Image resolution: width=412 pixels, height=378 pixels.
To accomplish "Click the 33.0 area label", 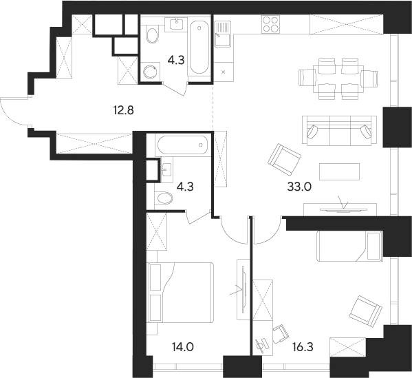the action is (x=299, y=187).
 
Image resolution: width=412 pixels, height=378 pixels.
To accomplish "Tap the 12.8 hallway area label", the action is (x=124, y=110).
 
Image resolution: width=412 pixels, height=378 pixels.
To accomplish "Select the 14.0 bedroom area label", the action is (x=183, y=347).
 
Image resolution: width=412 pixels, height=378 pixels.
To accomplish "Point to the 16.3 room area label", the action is (x=303, y=347).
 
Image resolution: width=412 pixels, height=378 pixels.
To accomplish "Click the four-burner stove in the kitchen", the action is (x=270, y=25).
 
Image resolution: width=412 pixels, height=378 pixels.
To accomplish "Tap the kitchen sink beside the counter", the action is (x=222, y=34).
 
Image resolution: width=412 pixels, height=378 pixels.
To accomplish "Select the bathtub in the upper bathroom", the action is (x=199, y=47).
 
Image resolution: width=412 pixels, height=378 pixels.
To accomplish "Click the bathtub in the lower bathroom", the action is (x=183, y=145).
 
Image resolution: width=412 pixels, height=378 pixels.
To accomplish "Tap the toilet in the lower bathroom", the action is (x=164, y=198).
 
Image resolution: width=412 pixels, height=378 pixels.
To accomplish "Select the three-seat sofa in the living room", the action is (x=340, y=130).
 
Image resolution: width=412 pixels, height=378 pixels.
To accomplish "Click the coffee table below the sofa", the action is (x=339, y=171).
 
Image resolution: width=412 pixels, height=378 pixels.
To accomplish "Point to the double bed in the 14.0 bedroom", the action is (x=182, y=292).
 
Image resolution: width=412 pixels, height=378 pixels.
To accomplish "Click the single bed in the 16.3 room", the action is (x=349, y=246).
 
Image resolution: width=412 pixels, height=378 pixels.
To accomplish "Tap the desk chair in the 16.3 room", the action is (x=281, y=333).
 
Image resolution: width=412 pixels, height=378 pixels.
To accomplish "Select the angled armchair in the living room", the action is (x=284, y=160).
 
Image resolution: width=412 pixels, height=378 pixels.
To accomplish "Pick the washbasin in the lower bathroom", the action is (x=167, y=169).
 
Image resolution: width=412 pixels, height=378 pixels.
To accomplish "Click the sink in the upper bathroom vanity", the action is (x=176, y=25).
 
